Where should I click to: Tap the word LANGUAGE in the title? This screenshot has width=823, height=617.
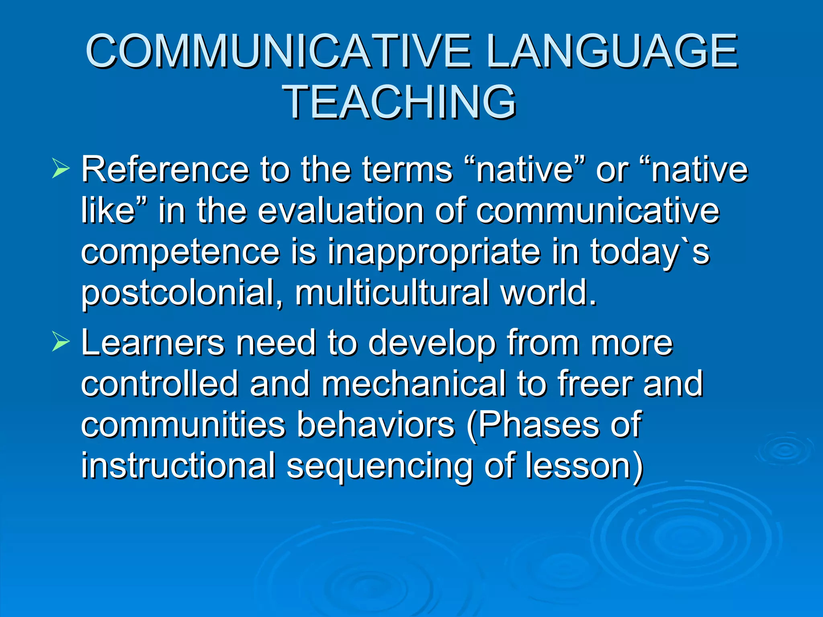pos(612,51)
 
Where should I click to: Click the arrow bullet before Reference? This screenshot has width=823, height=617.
pos(61,168)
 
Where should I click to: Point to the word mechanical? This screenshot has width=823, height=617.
pos(414,384)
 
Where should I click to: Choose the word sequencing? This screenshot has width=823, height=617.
pos(379,466)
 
